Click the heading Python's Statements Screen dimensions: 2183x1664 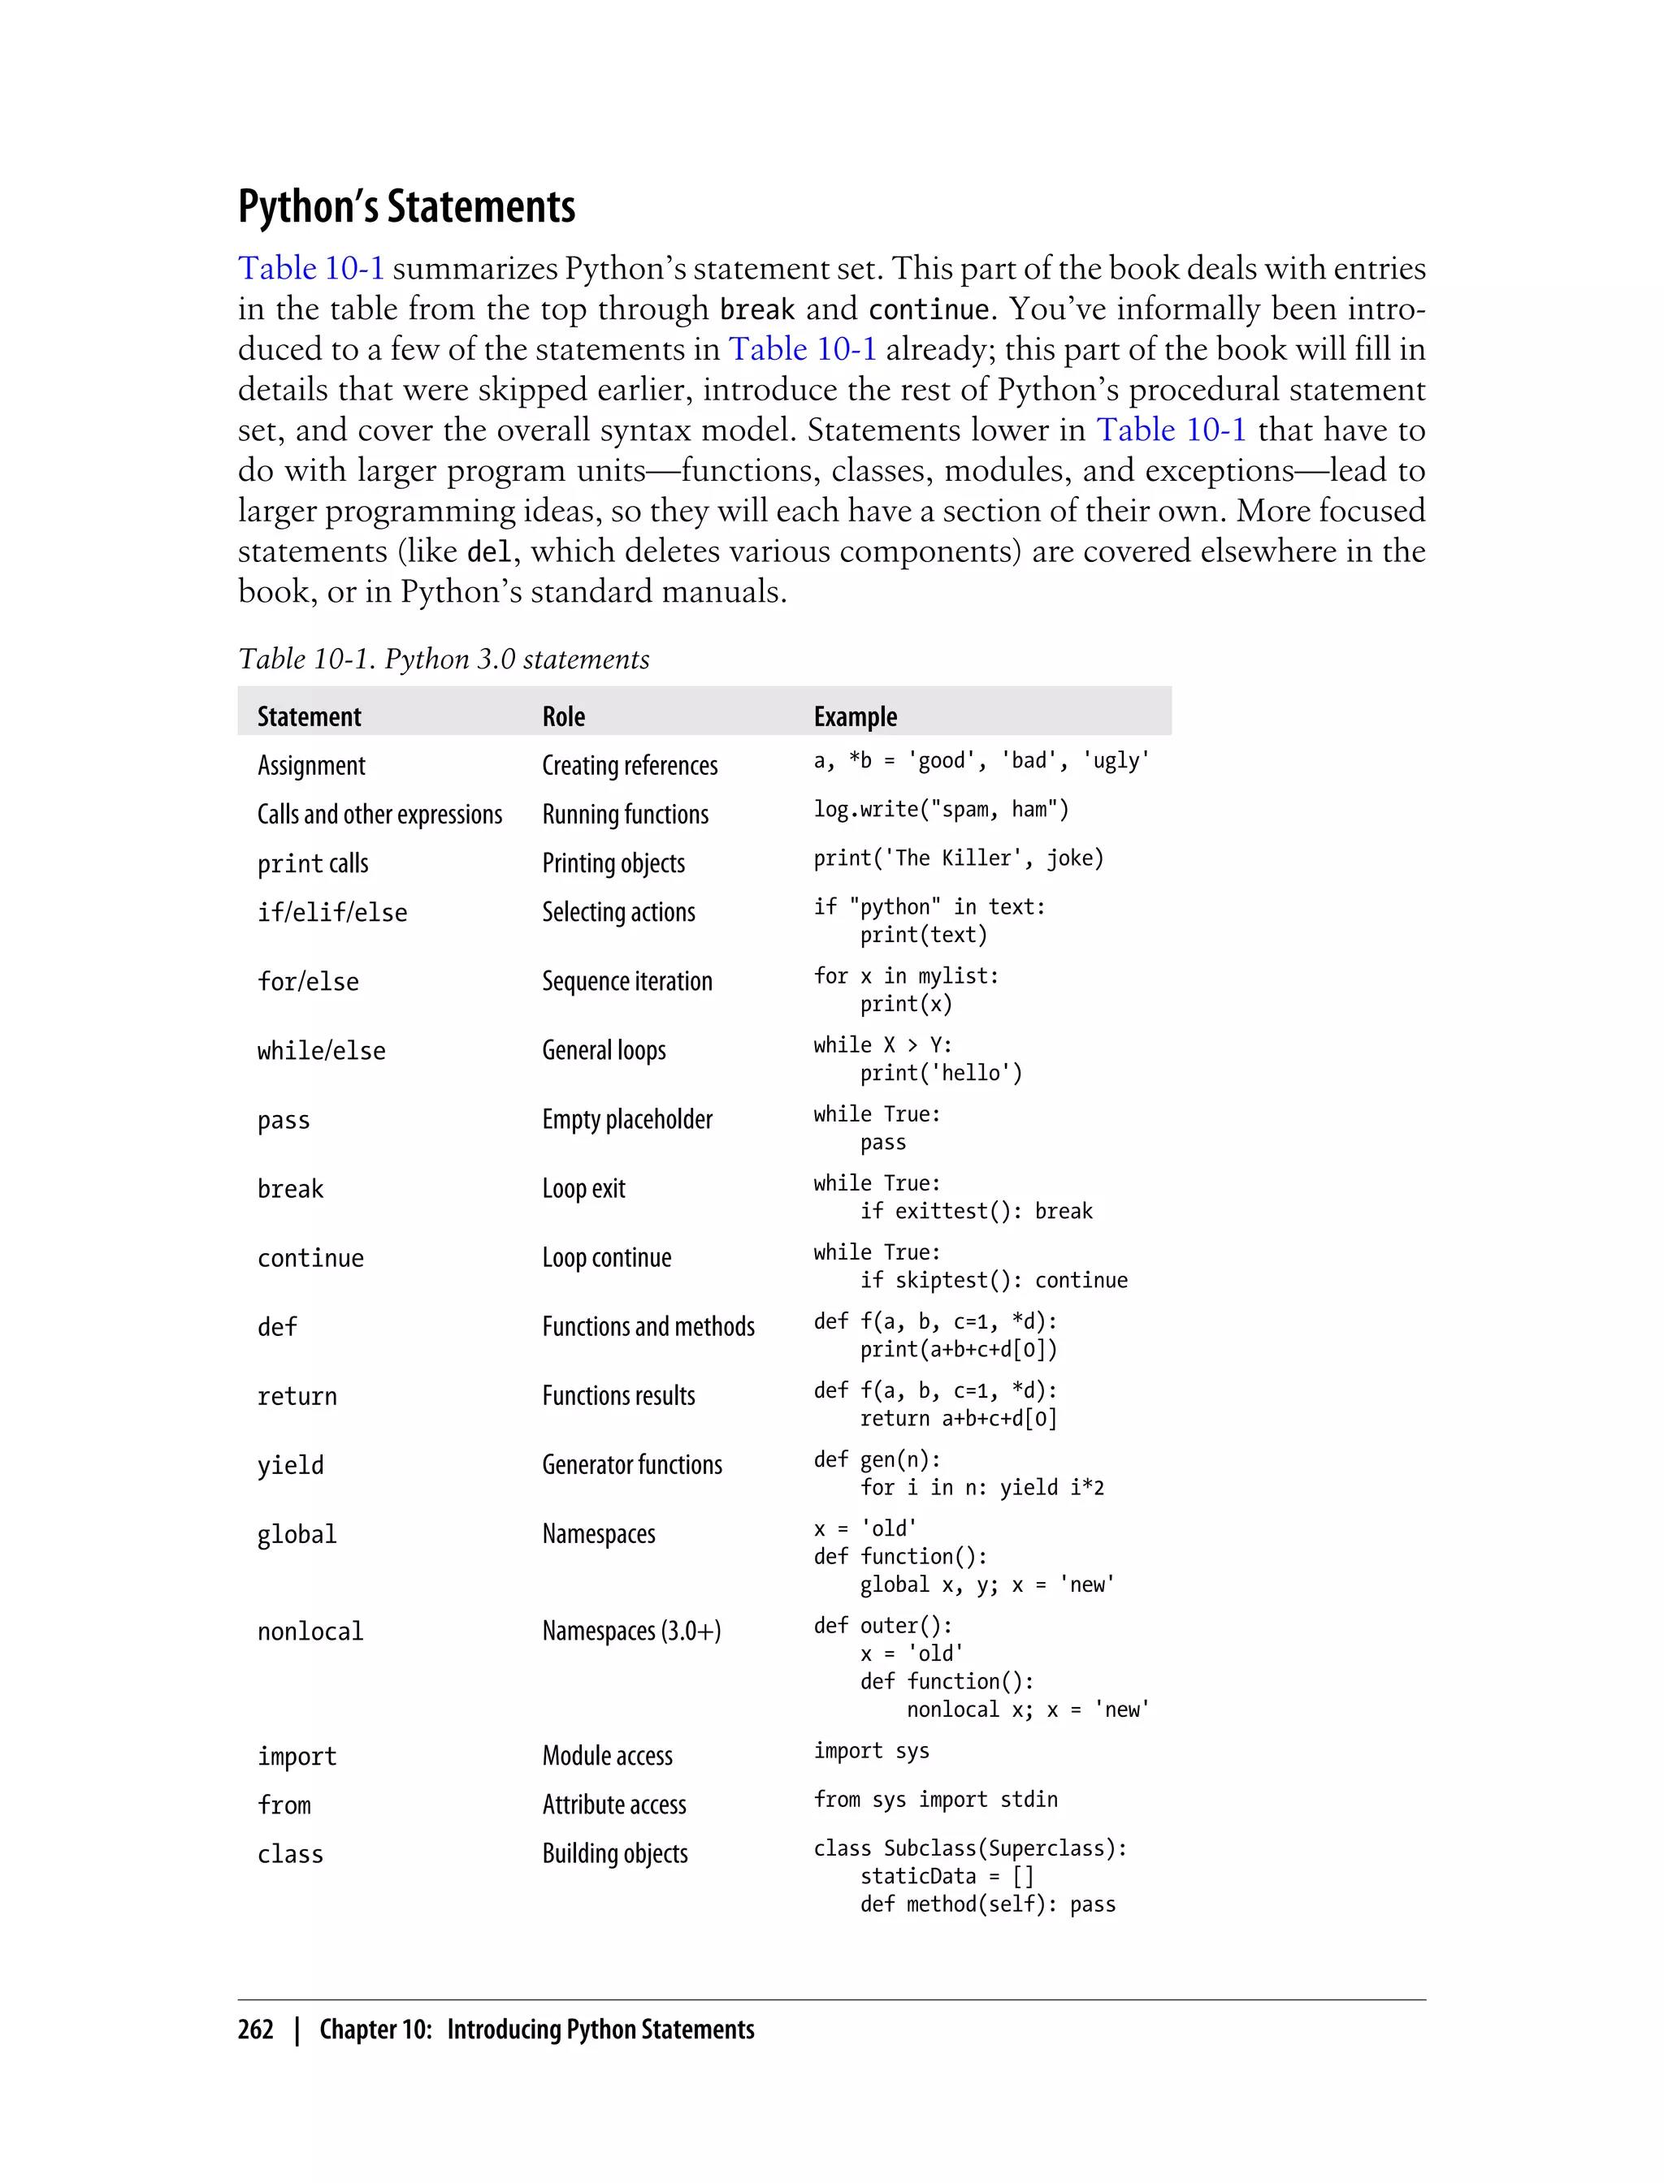pos(406,206)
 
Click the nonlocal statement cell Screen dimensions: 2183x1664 pos(310,1631)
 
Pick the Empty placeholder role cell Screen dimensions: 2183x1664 pos(627,1119)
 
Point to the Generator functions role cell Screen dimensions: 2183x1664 pos(632,1464)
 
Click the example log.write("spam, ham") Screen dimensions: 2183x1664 pos(941,809)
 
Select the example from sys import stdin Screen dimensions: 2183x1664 pos(935,1799)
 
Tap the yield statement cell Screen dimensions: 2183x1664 pos(290,1465)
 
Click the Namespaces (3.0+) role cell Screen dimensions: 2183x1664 pos(631,1631)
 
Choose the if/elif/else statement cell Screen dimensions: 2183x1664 pos(331,912)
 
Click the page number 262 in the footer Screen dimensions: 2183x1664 pos(256,2030)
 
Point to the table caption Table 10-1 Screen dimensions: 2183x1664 pos(444,659)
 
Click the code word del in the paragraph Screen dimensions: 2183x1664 pos(488,551)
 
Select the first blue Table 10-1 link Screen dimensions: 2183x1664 pos(310,268)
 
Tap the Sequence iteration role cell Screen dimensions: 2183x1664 pos(627,981)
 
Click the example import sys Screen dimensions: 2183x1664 pos(871,1750)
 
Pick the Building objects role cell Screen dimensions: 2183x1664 pos(614,1853)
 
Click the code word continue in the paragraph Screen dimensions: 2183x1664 pos(927,310)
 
